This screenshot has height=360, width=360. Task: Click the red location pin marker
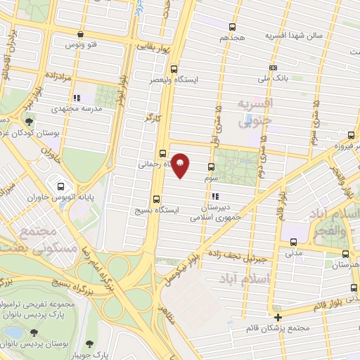point(180,165)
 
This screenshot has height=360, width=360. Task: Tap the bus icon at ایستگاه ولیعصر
point(174,69)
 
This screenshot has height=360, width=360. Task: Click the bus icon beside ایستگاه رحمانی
point(162,152)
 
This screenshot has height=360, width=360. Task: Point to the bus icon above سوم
point(211,167)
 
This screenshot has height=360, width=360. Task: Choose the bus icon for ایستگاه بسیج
point(156,199)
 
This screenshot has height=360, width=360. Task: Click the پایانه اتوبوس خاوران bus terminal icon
point(61,186)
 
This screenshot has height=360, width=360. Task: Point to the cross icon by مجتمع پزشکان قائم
point(279,316)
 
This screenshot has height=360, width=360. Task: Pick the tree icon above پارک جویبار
point(89,343)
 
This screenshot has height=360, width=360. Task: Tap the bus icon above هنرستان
point(345,254)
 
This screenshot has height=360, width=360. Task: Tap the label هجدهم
point(232,35)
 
